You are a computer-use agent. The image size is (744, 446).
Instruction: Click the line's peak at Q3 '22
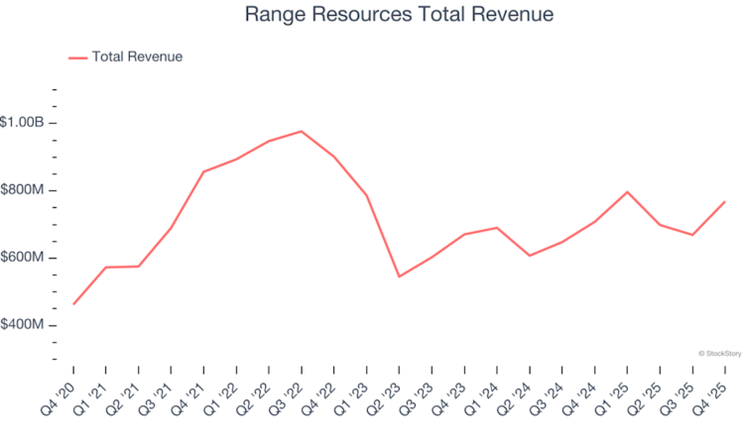301,131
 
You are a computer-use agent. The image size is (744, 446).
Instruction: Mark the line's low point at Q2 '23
399,277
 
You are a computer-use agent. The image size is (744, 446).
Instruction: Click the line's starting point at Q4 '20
73,303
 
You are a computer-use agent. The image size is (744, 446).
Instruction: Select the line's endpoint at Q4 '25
724,202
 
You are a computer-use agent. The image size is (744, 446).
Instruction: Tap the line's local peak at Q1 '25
627,191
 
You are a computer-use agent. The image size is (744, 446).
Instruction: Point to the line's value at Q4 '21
203,171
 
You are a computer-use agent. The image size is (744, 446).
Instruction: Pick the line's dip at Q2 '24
530,256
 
